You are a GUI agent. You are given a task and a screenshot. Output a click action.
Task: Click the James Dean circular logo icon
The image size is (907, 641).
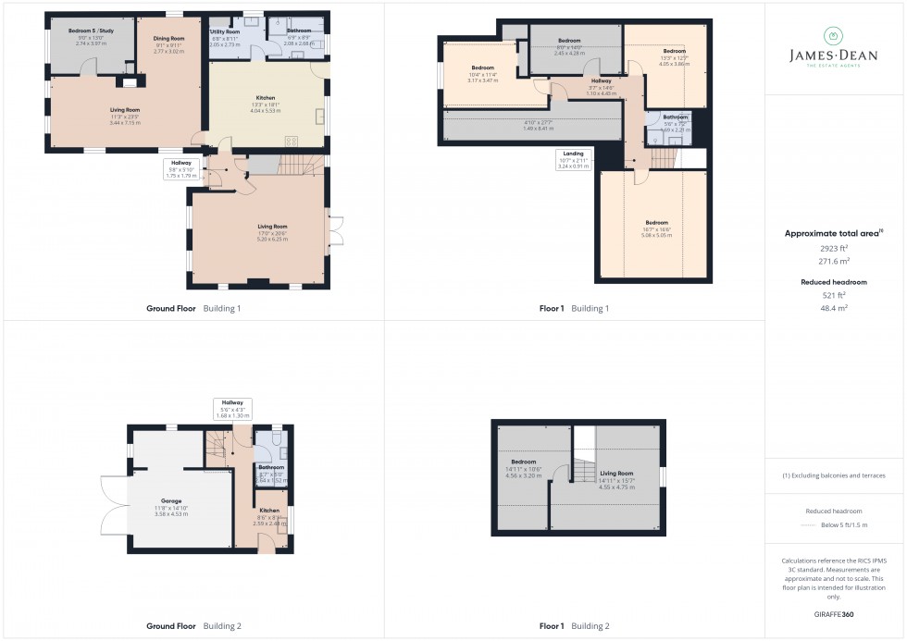pos(834,36)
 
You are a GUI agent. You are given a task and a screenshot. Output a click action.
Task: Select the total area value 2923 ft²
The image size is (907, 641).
pos(834,248)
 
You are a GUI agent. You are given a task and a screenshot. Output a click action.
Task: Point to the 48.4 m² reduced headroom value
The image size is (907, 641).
pos(834,307)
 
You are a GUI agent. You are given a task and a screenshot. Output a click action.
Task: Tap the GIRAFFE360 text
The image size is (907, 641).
pos(834,614)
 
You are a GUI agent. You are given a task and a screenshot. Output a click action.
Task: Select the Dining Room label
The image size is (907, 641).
pos(168,39)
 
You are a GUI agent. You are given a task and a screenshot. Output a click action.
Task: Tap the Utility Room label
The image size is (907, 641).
pos(225,31)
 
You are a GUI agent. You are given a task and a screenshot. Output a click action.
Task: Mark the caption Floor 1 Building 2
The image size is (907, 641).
pos(574,626)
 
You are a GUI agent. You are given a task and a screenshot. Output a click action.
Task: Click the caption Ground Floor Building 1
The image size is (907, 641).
pos(193,308)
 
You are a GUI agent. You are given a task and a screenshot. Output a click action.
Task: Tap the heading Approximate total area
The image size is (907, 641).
pos(832,234)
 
